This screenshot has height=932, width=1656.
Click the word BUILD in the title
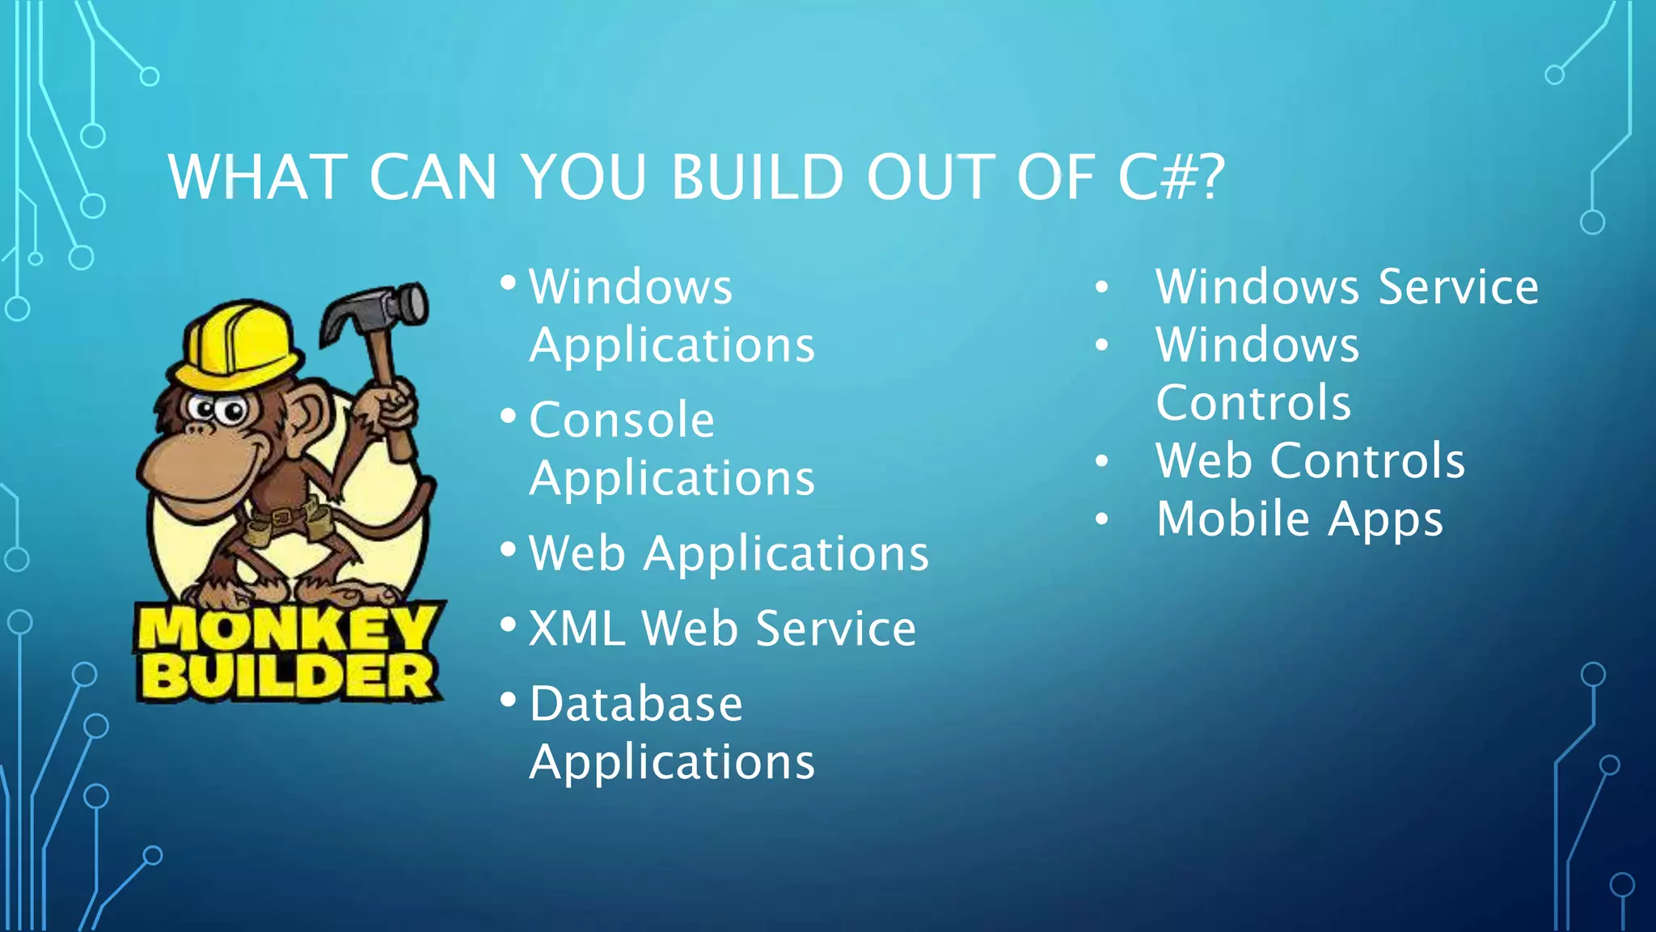(x=758, y=177)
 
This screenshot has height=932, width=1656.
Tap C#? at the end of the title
(x=1171, y=177)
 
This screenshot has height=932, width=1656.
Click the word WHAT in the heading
(x=258, y=177)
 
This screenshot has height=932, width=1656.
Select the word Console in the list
(x=622, y=420)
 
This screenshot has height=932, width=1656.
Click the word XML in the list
(x=577, y=629)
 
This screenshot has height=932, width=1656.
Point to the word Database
(x=636, y=704)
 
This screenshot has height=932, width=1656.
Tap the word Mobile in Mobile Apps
(x=1232, y=519)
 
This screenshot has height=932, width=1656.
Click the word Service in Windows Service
(x=1458, y=287)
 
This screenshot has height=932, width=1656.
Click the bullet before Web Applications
(x=508, y=550)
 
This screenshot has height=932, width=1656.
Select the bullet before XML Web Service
(x=508, y=625)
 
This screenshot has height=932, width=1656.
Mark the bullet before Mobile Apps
(x=1101, y=519)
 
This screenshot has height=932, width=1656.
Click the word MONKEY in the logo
(x=287, y=629)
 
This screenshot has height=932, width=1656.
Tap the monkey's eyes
(x=218, y=409)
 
